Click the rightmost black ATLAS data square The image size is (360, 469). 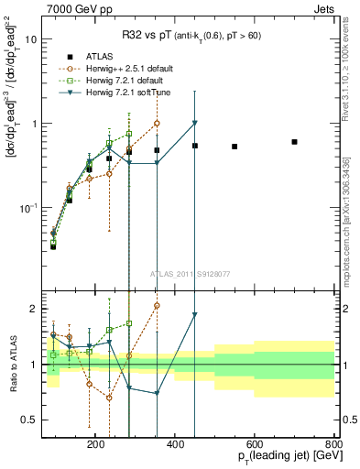click(x=294, y=142)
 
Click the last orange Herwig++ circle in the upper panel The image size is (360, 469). click(x=157, y=123)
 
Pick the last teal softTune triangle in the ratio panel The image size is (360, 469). click(x=195, y=315)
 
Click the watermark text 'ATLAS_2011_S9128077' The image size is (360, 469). click(x=189, y=273)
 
